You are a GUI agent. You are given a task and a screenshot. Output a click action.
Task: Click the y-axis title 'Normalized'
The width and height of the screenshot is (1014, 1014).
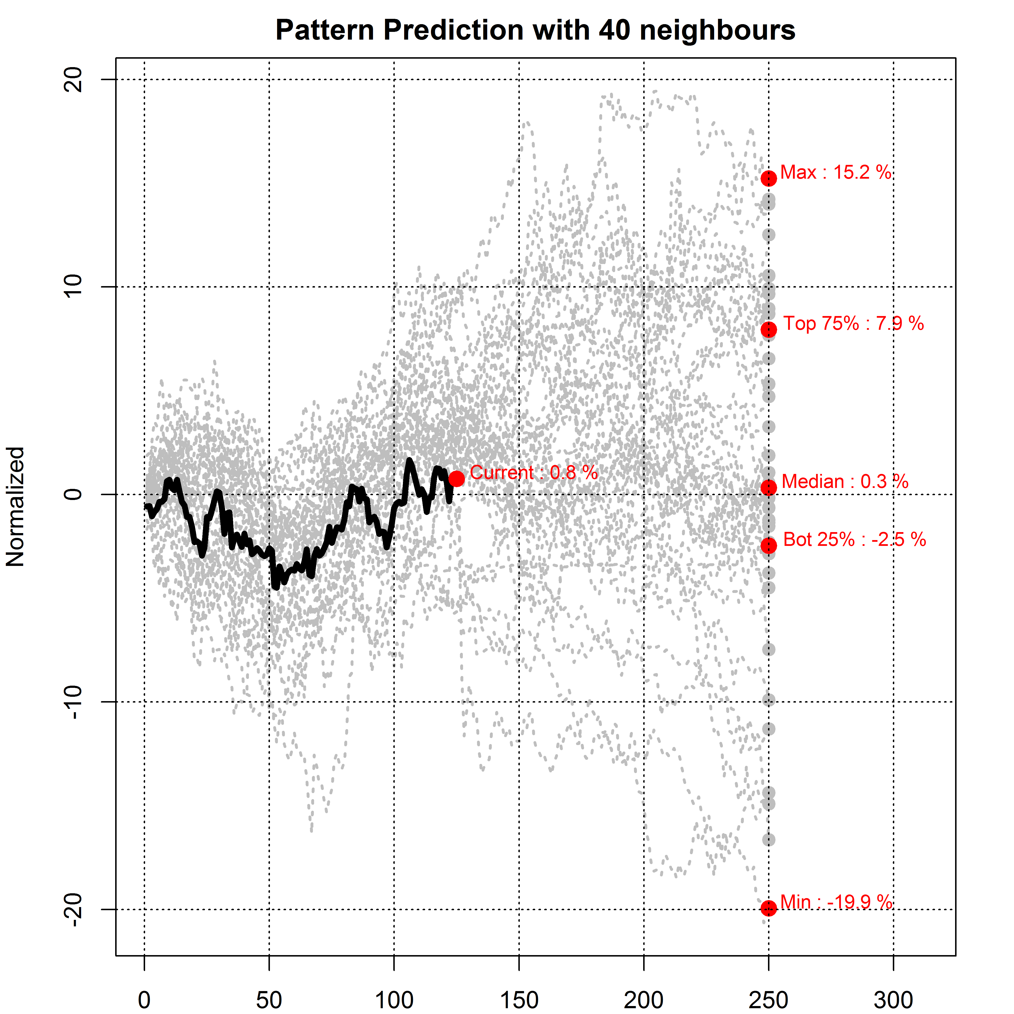(16, 507)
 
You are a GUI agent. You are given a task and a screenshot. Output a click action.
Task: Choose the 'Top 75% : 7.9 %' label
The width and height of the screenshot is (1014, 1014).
(853, 323)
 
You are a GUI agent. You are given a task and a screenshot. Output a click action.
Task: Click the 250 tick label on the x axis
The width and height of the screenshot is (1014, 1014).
(768, 1000)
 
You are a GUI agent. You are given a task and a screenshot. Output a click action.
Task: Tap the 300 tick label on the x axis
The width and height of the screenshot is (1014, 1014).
(893, 1000)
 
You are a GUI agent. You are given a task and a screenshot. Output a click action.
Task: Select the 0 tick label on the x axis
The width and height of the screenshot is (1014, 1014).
(144, 1000)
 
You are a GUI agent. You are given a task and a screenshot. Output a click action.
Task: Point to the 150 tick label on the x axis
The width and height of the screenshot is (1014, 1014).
(519, 1000)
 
